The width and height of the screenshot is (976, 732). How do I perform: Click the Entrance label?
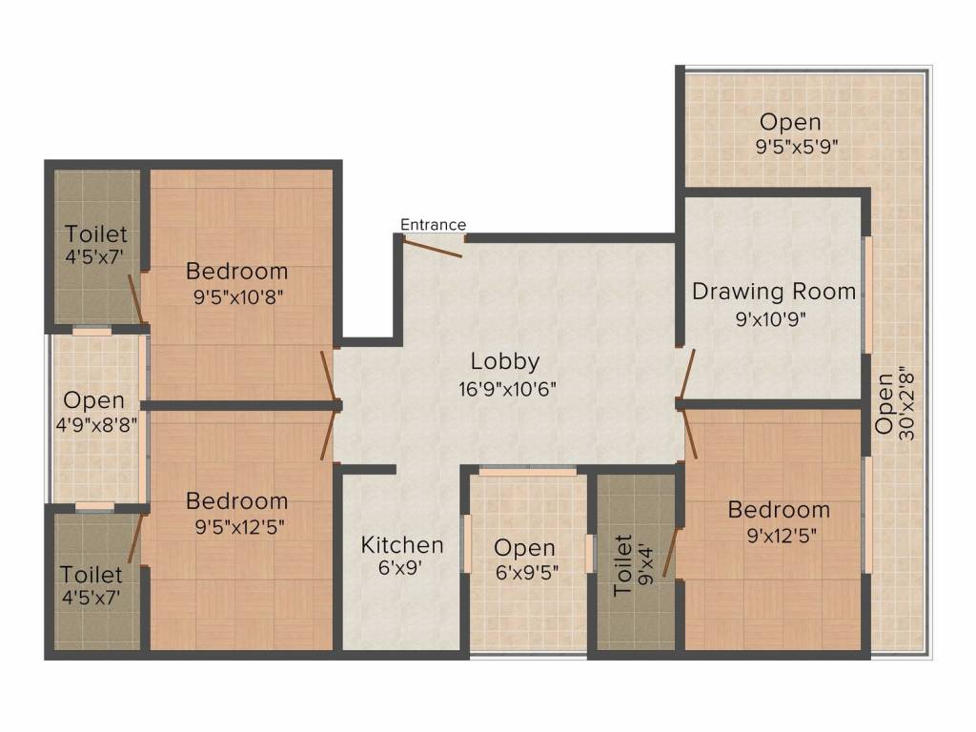[x=433, y=225]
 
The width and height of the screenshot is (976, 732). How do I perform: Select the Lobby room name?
[x=505, y=361]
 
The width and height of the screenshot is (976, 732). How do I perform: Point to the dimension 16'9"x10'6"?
[x=506, y=388]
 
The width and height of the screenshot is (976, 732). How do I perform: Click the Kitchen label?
[x=402, y=545]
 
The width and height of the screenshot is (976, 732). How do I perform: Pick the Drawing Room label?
[x=774, y=292]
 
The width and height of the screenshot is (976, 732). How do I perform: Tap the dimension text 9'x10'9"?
[x=772, y=319]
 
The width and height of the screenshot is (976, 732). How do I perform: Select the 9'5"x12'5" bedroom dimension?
[x=237, y=525]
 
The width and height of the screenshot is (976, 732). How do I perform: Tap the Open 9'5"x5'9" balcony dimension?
[x=790, y=147]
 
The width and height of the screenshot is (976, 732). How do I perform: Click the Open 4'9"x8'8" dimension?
[x=95, y=425]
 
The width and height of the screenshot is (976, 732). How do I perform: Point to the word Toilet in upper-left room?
[x=96, y=234]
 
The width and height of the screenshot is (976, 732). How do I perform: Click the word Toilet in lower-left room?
[x=91, y=575]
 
